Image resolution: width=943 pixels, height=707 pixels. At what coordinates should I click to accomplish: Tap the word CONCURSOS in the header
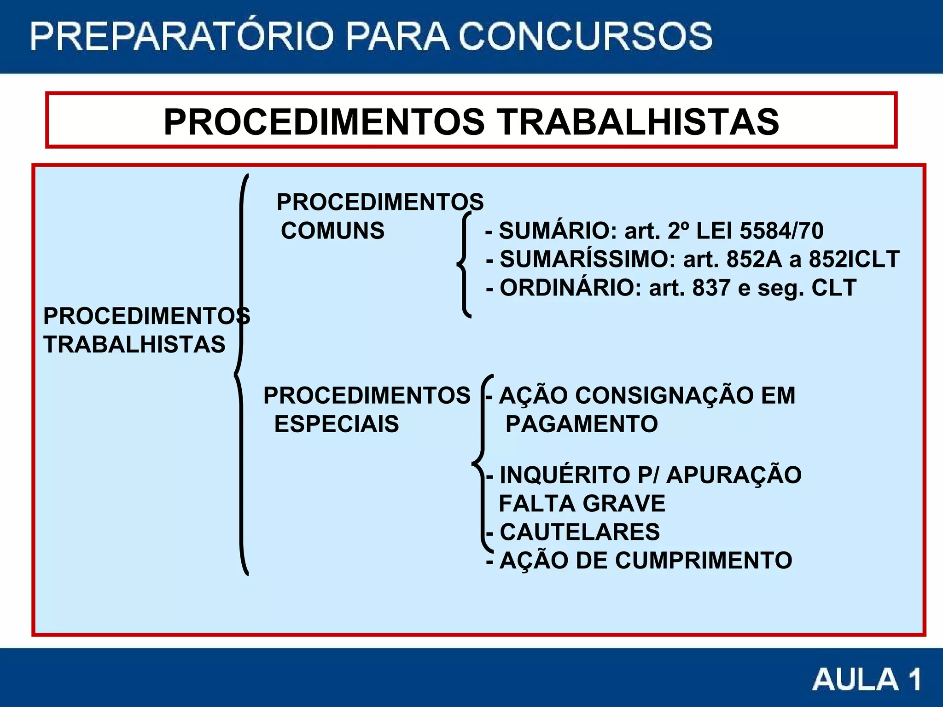coord(586,36)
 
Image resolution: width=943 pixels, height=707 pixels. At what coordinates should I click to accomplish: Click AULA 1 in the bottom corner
coord(867,679)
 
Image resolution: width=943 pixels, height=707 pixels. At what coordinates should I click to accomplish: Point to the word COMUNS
coord(332,231)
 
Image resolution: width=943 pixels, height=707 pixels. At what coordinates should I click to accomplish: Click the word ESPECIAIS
coord(337,424)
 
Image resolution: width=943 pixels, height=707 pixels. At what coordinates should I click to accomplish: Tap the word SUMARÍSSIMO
coord(588,259)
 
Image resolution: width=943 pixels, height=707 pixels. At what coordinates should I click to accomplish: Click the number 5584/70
coord(781,231)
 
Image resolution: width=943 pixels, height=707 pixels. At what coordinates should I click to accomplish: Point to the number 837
coord(711,288)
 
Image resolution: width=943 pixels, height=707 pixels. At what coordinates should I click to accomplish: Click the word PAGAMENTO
coord(582,424)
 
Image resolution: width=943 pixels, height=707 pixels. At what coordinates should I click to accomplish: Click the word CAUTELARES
coord(580,532)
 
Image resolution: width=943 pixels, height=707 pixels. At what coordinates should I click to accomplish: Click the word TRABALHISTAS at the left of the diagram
coord(134,344)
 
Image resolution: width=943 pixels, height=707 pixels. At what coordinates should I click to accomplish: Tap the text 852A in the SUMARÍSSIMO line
coord(754,259)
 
